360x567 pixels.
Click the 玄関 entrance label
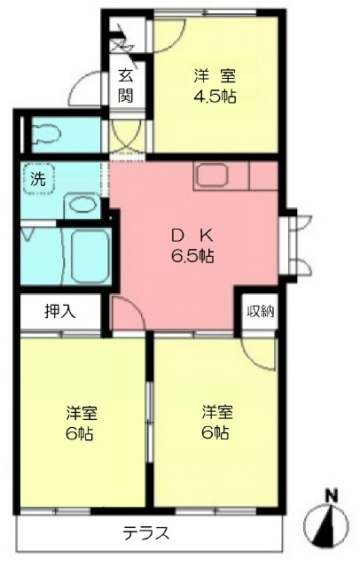pos(126,86)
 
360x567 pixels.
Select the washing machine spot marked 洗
pos(38,179)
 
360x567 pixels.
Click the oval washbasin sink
pos(82,206)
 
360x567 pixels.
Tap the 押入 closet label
pos(60,311)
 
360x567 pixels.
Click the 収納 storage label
pos(261,311)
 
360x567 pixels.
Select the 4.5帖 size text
pos(215,97)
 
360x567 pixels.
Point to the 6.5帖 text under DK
pos(192,256)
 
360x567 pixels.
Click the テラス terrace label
pos(145,533)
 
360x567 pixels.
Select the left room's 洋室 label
pos(82,414)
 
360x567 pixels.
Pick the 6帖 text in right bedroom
pos(215,432)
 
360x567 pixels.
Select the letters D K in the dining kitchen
pos(192,237)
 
